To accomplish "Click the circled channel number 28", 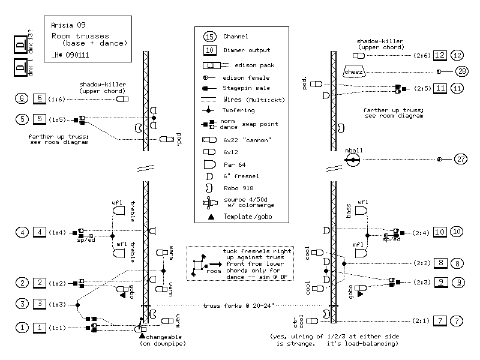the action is point(461,71).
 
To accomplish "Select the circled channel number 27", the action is point(461,159).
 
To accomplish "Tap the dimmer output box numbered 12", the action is point(440,55).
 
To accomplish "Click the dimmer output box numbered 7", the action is point(440,321).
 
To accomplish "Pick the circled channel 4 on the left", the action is point(22,232).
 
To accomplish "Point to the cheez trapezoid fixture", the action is point(353,71).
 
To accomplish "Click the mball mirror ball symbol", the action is point(353,160).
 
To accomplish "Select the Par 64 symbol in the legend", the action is point(209,164).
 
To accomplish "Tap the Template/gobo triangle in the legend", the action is point(211,217).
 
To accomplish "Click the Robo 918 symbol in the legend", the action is point(209,188).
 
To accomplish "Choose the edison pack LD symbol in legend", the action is point(215,65).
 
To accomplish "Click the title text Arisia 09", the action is point(68,25).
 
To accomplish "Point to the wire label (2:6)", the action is point(422,55).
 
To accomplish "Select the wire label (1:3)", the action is point(57,304).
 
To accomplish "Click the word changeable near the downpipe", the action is point(164,337).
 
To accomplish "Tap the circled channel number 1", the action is point(22,328).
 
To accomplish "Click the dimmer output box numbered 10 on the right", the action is point(440,232).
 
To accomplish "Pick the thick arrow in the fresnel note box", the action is point(216,264).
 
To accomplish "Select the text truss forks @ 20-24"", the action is point(238,305).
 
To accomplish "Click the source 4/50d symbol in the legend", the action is point(210,203).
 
